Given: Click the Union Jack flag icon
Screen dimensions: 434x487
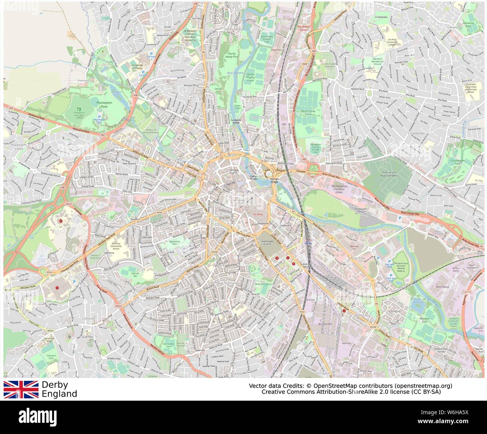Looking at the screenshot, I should (21, 389).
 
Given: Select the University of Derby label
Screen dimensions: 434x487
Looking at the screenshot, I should (137, 67).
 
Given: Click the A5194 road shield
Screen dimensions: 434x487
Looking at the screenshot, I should (372, 327).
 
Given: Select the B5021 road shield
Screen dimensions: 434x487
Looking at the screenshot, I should (50, 331).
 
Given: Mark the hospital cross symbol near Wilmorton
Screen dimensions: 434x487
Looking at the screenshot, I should (344, 310).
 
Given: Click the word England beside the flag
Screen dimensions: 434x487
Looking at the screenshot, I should (59, 394).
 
